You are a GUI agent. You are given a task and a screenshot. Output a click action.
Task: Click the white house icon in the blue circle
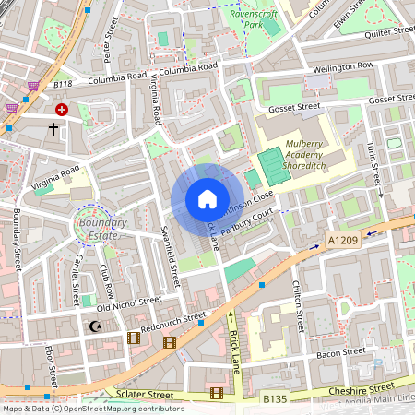207,199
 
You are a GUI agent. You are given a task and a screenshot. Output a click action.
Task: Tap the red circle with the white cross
62,109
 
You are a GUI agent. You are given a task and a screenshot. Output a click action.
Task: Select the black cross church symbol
53,130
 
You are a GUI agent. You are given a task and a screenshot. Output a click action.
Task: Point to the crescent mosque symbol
92,326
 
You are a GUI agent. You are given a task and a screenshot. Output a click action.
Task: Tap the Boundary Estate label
102,228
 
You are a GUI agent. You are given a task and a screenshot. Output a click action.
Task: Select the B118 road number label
63,85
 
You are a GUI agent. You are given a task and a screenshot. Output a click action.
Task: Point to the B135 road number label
276,399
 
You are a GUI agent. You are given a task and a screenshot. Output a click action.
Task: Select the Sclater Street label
147,394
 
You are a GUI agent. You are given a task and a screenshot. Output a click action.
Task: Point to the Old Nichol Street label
129,300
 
